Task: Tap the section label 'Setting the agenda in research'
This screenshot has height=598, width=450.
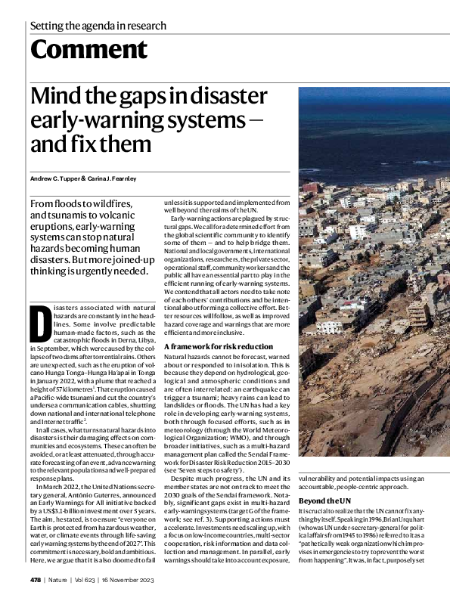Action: point(98,26)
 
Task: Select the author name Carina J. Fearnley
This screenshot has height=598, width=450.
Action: point(115,178)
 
